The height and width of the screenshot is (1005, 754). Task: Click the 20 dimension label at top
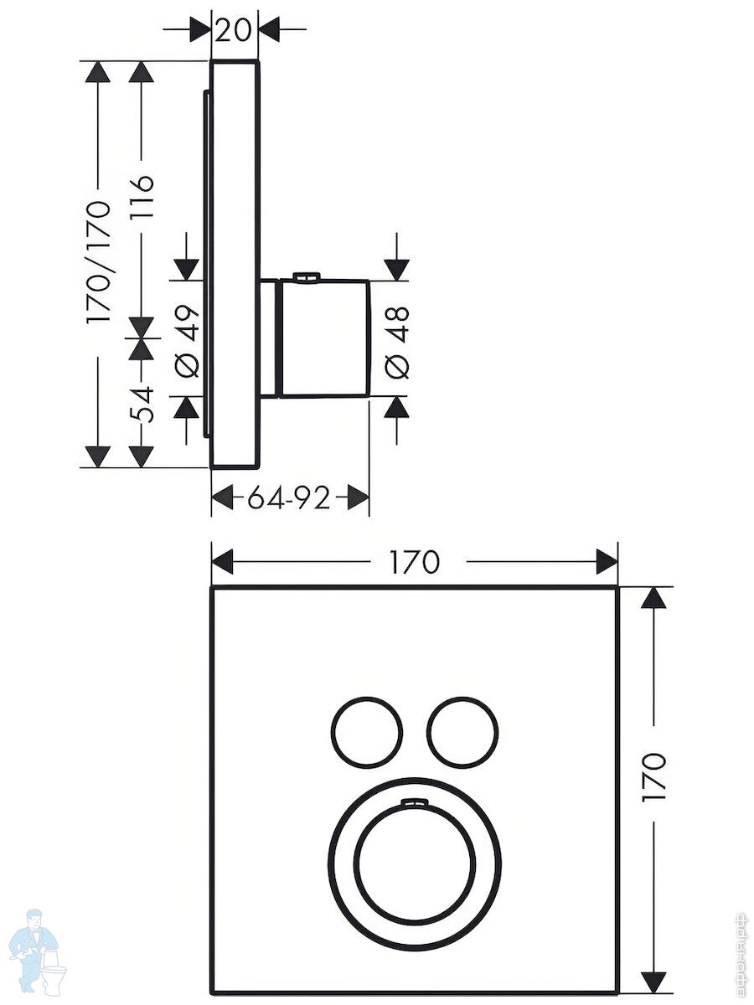[x=234, y=31]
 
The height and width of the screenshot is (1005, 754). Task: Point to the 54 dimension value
[x=142, y=404]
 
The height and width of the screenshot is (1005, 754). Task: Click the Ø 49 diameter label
[x=188, y=341]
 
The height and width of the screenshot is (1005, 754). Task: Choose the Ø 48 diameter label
[x=396, y=343]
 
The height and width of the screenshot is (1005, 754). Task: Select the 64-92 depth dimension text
[x=289, y=497]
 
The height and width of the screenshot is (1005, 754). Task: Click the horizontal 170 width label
[x=415, y=562]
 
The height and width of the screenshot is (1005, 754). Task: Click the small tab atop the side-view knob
[x=306, y=276]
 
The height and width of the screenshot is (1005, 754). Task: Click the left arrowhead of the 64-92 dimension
[x=223, y=497]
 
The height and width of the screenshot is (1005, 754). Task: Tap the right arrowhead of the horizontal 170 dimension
[x=607, y=562]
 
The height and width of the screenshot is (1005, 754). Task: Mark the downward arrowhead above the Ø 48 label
[x=397, y=270]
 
